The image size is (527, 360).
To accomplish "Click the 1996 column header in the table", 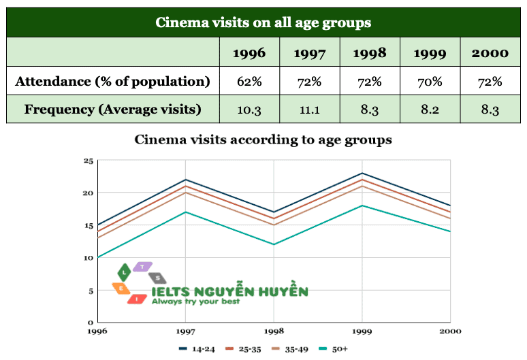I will pyautogui.click(x=249, y=52).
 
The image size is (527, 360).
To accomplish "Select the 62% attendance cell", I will pyautogui.click(x=249, y=82).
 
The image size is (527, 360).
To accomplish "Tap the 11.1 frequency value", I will pyautogui.click(x=309, y=109).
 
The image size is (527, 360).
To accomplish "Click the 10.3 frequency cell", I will pyautogui.click(x=249, y=109).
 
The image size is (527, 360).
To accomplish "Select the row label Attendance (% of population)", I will pyautogui.click(x=112, y=82).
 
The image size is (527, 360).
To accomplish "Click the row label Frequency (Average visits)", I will pyautogui.click(x=112, y=109).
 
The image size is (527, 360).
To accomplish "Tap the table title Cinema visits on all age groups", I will pyautogui.click(x=263, y=22).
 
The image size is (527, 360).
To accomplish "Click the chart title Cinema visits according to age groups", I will pyautogui.click(x=263, y=140).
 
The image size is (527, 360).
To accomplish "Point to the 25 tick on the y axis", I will pyautogui.click(x=88, y=161).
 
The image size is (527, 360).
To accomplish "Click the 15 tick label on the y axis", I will pyautogui.click(x=88, y=225).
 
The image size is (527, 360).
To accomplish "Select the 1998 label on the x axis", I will pyautogui.click(x=274, y=331).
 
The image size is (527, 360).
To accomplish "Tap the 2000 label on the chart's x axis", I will pyautogui.click(x=449, y=331).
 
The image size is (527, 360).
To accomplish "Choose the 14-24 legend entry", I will pyautogui.click(x=197, y=349).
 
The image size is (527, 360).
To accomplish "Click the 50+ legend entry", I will pyautogui.click(x=334, y=349).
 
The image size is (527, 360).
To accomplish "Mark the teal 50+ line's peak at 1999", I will pyautogui.click(x=362, y=206).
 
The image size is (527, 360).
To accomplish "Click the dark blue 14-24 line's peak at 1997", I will pyautogui.click(x=186, y=180).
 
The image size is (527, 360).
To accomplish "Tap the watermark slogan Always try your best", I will pyautogui.click(x=195, y=301).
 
